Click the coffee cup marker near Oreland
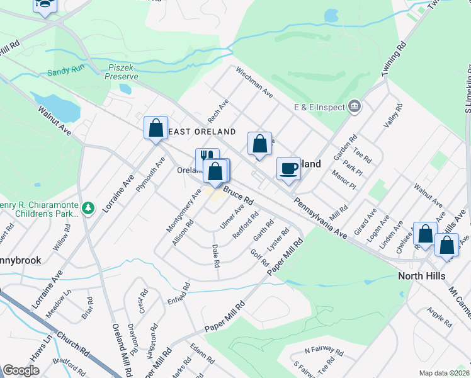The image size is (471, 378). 289,169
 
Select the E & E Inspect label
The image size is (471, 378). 319,107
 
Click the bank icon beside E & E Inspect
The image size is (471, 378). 355,106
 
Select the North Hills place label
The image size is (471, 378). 422,276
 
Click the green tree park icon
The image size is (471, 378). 89,207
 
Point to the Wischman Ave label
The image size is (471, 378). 254,83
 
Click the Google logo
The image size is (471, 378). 21,370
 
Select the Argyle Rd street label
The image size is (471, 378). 439,317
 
